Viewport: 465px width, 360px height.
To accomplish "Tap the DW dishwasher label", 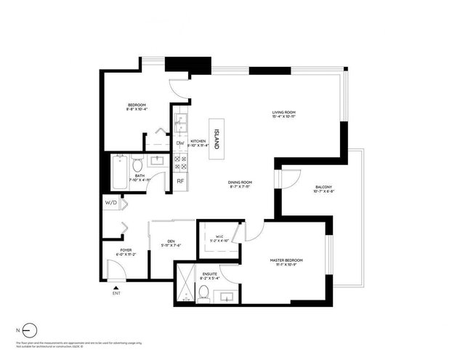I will pos(180,143).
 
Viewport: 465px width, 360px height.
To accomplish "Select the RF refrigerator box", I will pos(180,181).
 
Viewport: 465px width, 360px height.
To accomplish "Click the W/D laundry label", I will pos(111,203).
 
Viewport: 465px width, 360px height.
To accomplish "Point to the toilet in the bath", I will pos(138,166).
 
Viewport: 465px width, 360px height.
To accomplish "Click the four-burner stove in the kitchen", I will pos(180,161).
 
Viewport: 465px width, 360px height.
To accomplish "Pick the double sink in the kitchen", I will pos(179,120).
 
